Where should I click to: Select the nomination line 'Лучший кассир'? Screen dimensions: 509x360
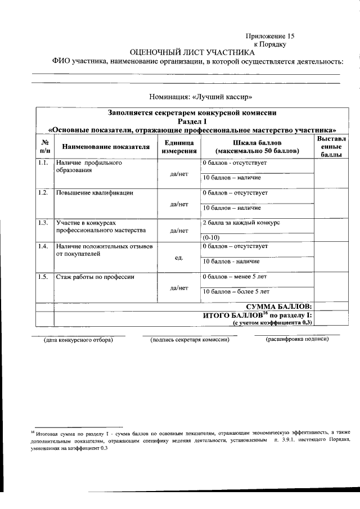click(x=192, y=96)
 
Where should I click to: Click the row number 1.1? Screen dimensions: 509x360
click(x=42, y=163)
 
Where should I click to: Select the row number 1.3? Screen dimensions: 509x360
click(x=42, y=223)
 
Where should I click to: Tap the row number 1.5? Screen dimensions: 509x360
click(x=42, y=277)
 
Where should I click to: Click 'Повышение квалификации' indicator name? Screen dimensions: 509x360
click(x=94, y=193)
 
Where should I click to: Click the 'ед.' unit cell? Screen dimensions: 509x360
click(x=179, y=258)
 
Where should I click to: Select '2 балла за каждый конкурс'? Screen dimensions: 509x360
click(x=241, y=223)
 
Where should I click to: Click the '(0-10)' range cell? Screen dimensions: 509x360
click(x=211, y=237)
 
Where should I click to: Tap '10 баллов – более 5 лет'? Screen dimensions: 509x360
click(x=236, y=291)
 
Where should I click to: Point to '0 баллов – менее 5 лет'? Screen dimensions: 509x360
click(x=235, y=277)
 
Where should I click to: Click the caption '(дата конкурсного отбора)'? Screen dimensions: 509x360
click(x=79, y=340)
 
